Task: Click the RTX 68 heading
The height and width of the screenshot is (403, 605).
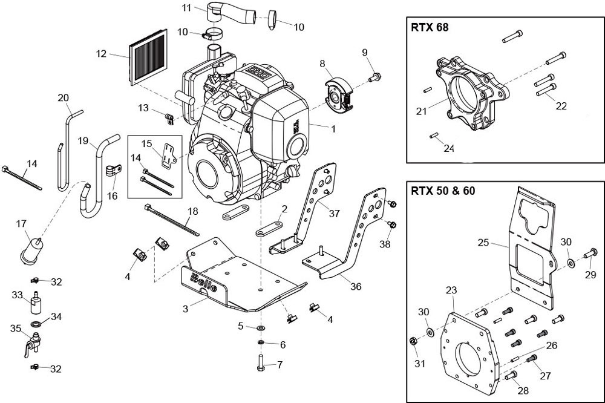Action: coord(430,28)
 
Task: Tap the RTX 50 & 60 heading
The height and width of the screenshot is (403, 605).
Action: coord(443,191)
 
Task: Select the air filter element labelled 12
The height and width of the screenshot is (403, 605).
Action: coord(148,57)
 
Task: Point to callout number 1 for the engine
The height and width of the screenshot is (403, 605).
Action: coord(333,129)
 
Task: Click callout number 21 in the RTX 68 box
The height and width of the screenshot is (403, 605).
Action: coord(421,111)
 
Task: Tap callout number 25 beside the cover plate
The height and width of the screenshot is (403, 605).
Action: coord(483,243)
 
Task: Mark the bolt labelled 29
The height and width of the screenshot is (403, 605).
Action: coord(590,254)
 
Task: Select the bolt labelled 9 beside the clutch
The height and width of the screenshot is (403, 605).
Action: coord(374,77)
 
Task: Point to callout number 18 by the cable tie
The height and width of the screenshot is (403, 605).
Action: coord(192,211)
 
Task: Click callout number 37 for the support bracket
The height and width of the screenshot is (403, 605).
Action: coord(334,213)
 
